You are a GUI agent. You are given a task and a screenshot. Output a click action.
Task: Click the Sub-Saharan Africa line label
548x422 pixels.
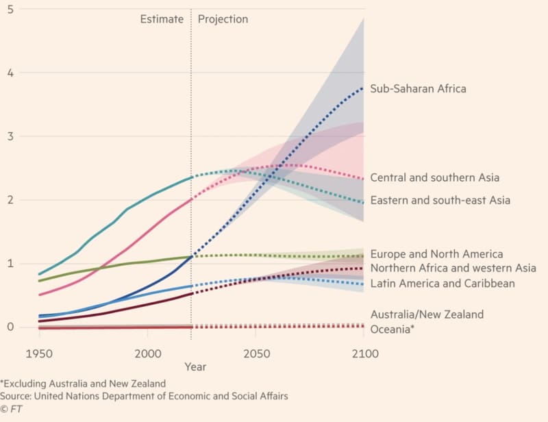pos(418,88)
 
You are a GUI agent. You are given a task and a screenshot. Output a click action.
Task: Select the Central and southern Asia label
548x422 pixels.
pos(434,177)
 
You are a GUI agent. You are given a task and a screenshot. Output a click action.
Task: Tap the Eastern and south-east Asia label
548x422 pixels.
pos(440,200)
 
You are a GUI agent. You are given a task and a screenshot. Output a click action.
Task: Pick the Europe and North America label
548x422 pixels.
pos(436,254)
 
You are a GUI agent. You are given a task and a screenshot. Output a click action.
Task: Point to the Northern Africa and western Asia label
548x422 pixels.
pos(453,268)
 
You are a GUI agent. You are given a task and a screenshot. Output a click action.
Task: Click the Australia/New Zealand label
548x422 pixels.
pos(427,314)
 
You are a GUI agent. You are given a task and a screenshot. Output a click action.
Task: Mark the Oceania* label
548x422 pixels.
pos(393,329)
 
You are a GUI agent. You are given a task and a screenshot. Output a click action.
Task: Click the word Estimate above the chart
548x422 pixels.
pos(162,19)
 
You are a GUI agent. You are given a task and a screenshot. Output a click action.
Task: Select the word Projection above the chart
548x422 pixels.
pos(223,19)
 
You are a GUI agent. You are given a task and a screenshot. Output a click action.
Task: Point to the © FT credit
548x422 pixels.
pos(12,409)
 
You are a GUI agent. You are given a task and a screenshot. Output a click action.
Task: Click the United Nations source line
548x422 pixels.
pos(144,396)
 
